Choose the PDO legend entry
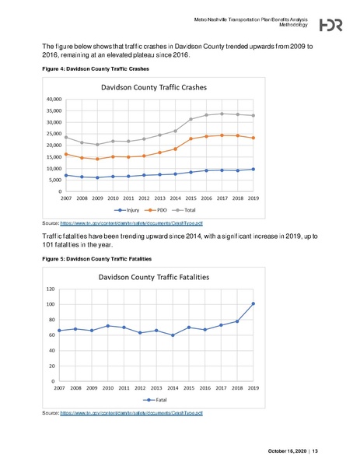point(156,210)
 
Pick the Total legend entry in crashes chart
point(187,210)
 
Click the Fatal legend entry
point(156,399)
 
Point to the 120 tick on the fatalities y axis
point(51,289)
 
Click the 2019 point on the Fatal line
point(253,303)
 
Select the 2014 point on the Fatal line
point(173,335)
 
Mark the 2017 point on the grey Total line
point(222,114)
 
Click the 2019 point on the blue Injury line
point(253,169)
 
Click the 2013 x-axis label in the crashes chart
point(157,198)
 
